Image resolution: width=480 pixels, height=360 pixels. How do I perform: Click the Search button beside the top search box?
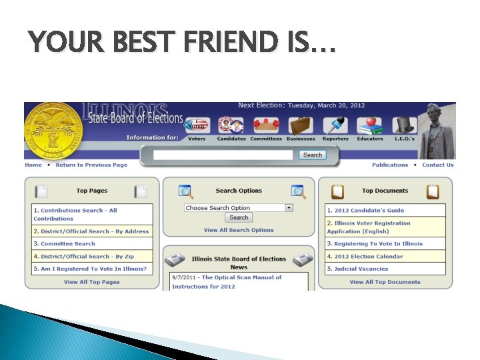(x=312, y=155)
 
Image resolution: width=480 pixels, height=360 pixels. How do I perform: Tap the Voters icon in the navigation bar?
(x=197, y=127)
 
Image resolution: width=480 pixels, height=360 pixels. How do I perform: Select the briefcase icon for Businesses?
(x=300, y=127)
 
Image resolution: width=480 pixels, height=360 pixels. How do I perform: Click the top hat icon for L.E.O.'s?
(x=405, y=127)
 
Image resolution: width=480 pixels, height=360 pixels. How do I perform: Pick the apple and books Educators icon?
(x=369, y=127)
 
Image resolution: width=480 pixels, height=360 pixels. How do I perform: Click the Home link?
(x=33, y=165)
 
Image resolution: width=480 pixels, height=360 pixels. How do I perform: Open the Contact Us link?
(x=437, y=165)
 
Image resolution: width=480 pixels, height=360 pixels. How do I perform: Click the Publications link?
(x=390, y=165)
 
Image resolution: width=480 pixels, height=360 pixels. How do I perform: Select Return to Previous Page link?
(x=91, y=165)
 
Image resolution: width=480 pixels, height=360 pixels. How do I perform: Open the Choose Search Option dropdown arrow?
(x=289, y=208)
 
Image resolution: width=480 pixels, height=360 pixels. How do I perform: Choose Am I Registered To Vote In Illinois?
(x=90, y=269)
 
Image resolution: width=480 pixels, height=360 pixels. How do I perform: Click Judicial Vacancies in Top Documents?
(x=361, y=269)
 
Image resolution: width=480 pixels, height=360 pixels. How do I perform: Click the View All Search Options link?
(x=239, y=230)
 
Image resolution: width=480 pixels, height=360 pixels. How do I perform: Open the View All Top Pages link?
(x=92, y=282)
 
